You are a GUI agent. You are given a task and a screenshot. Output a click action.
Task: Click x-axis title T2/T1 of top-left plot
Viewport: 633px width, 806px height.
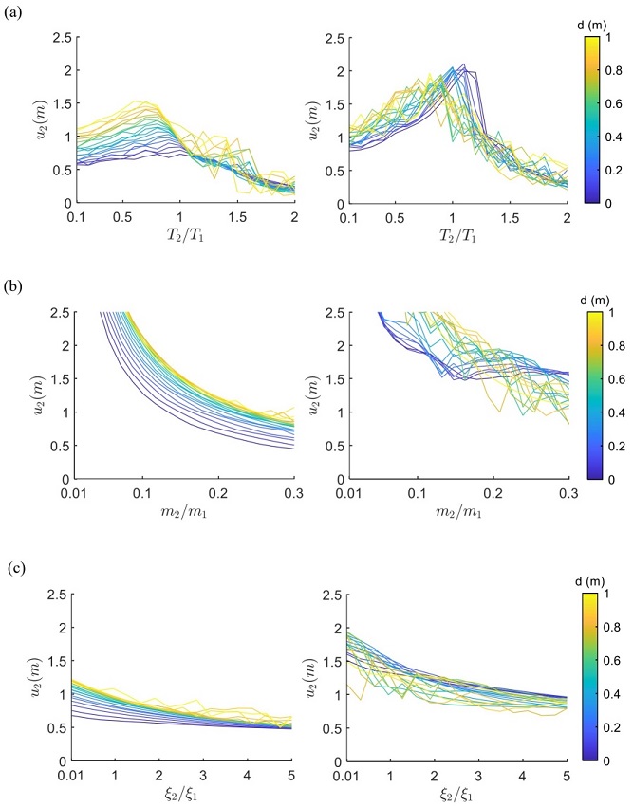pos(182,237)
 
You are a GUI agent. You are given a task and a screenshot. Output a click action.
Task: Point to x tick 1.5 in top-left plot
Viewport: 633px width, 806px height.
pos(237,217)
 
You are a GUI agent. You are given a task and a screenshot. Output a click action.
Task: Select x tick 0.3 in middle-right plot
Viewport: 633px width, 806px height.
pos(567,494)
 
